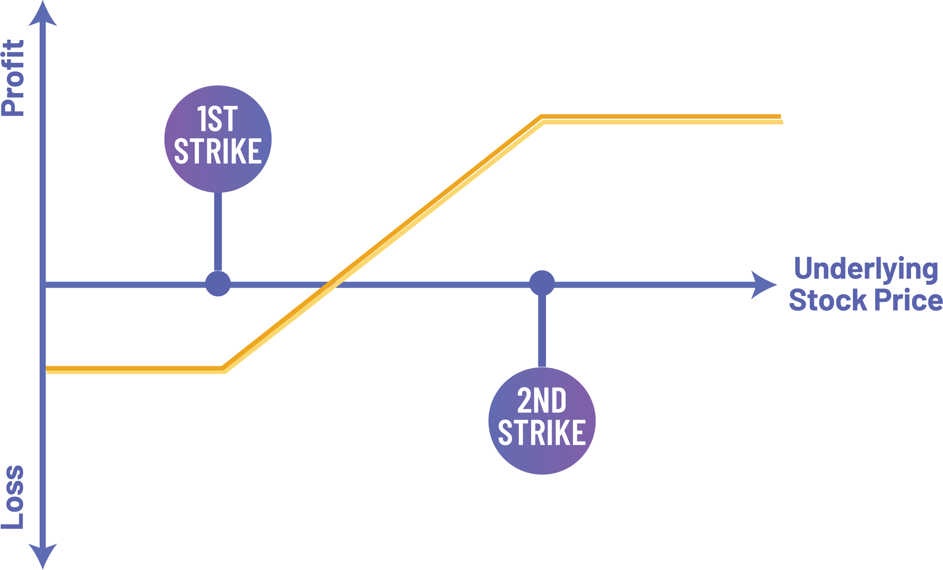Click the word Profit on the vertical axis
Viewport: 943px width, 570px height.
(x=13, y=78)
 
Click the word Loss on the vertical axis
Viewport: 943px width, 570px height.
(x=13, y=497)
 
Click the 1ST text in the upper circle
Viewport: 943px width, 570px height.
(x=217, y=119)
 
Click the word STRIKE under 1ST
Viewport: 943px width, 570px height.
(x=218, y=151)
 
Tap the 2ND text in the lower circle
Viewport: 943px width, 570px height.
(x=542, y=401)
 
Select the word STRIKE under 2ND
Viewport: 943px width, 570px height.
(x=542, y=433)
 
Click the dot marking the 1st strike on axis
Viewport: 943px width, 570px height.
(x=218, y=284)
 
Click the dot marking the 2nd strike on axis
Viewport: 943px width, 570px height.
(x=542, y=283)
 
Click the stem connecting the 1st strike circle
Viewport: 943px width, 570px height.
(x=218, y=231)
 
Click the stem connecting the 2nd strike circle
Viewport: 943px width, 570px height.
(x=542, y=331)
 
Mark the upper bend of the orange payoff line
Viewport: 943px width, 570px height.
(x=542, y=118)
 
